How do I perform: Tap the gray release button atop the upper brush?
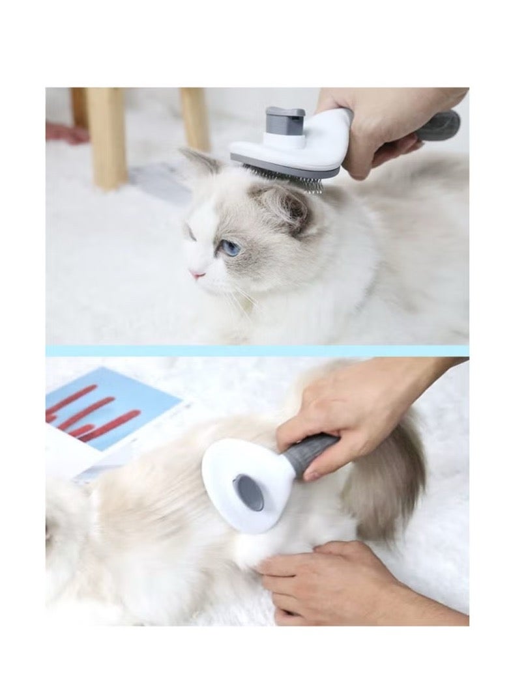(285, 121)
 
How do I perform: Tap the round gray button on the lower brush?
(248, 492)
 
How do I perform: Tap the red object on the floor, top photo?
(66, 133)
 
